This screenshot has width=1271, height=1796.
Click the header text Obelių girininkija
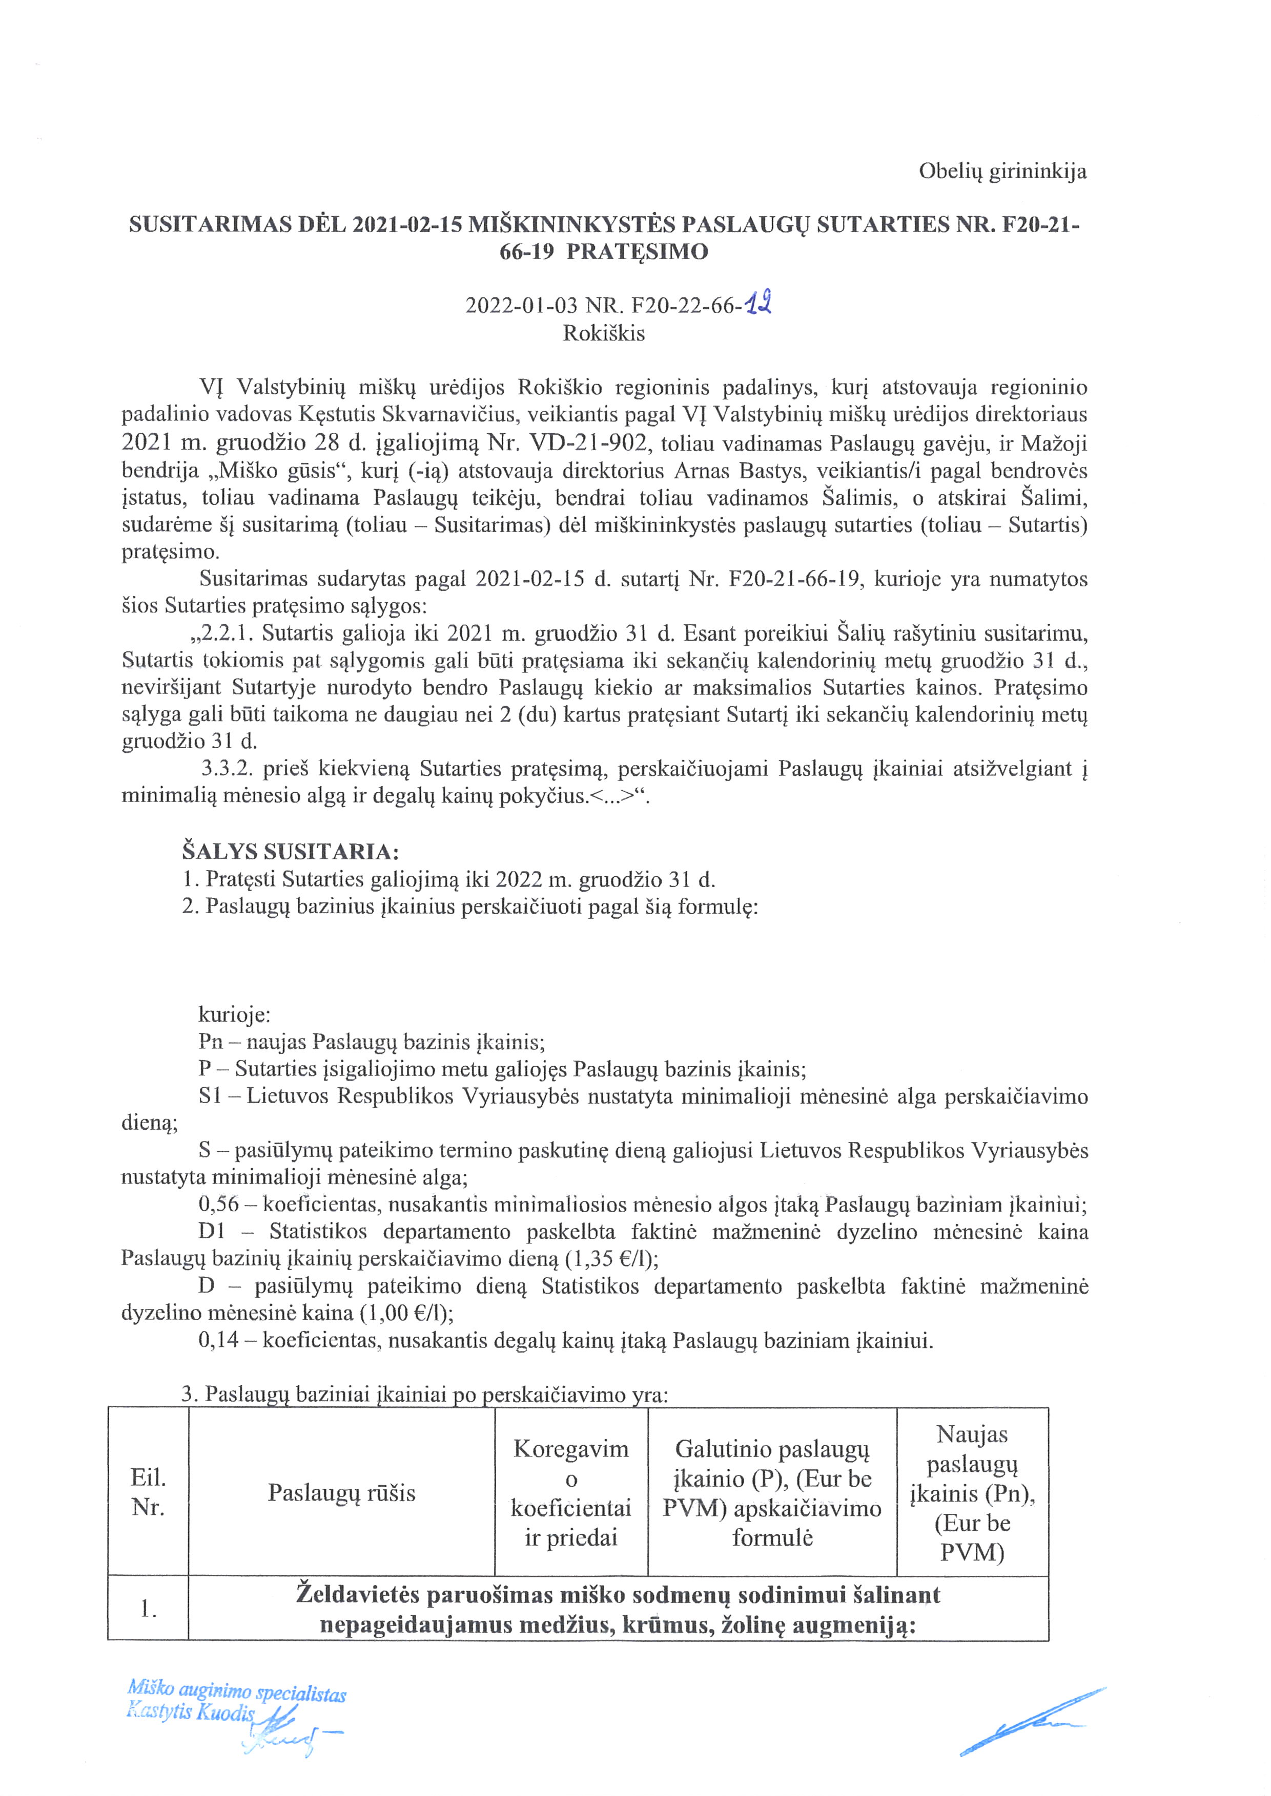(x=1002, y=172)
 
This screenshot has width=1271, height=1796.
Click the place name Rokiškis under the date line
(x=603, y=334)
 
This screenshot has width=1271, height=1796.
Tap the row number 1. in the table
(x=148, y=1609)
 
